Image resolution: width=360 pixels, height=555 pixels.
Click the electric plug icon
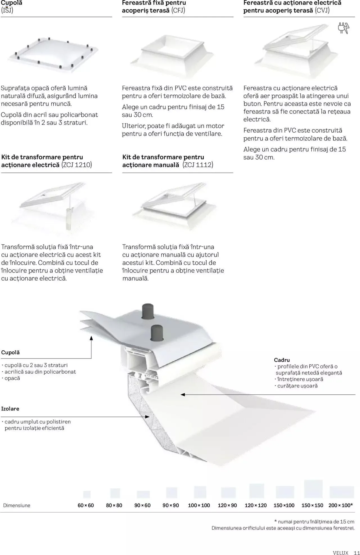coord(343,28)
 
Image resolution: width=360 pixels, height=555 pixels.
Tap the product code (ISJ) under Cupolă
coord(7,10)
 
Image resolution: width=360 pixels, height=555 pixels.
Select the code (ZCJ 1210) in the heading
coord(76,165)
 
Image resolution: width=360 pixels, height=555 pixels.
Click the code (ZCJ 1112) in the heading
coord(198,165)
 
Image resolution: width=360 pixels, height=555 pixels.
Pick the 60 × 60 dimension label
coord(85,505)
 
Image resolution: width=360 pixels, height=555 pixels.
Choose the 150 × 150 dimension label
coord(312,505)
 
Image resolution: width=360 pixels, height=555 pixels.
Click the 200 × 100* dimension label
coord(341,505)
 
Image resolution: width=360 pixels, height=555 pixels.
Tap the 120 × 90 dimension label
coord(227,505)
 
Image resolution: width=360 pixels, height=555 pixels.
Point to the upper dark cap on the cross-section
coord(147,311)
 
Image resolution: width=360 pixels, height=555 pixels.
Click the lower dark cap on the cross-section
coord(157,333)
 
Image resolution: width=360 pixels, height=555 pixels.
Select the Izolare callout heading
coord(10,409)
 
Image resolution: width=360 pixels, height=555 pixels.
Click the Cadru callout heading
coord(282,360)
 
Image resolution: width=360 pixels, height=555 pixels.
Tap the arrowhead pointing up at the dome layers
coord(91,338)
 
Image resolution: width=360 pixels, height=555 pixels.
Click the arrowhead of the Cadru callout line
coord(183,394)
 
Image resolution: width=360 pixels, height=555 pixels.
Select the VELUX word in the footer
coord(340,552)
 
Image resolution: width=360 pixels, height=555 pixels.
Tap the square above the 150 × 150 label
coord(313,489)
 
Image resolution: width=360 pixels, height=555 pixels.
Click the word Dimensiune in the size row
coord(17,505)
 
